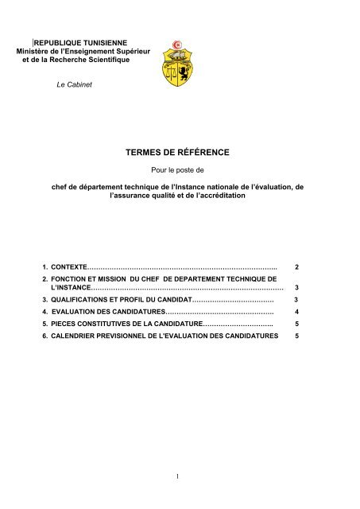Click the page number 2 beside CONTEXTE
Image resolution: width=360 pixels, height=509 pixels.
[296, 264]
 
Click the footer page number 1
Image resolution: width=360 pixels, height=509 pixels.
[180, 476]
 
